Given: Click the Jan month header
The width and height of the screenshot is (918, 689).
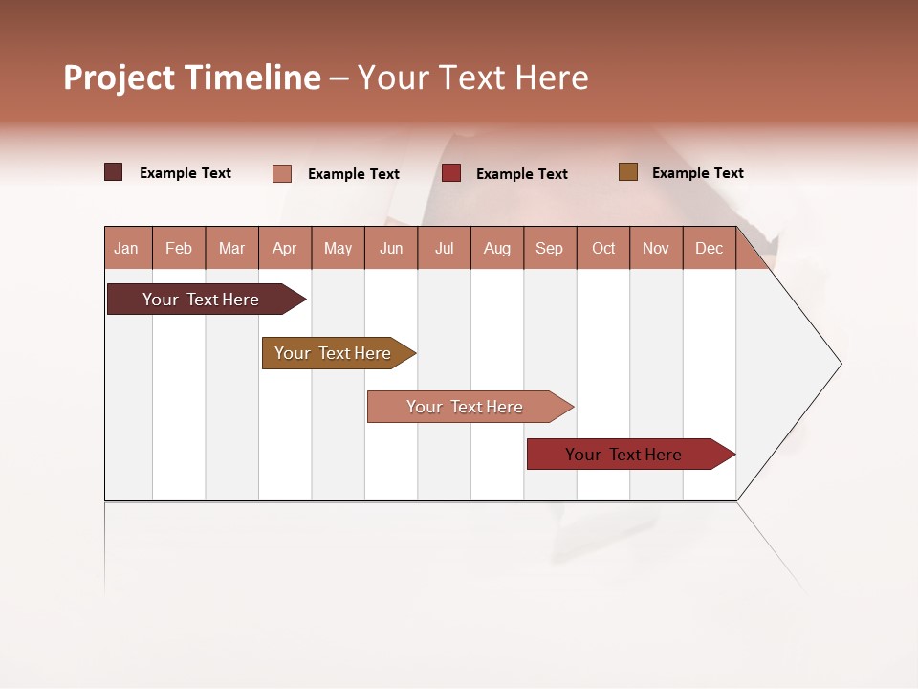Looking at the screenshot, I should [126, 248].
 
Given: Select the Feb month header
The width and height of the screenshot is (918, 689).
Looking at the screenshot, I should [179, 248].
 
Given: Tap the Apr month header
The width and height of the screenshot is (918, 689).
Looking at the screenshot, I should [284, 248].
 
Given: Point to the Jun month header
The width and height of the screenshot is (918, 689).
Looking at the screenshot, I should [391, 248].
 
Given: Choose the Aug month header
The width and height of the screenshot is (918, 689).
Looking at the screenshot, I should [496, 248].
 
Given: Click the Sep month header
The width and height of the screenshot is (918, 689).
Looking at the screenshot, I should [549, 248].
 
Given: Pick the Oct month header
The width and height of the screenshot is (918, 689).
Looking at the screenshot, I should [603, 248].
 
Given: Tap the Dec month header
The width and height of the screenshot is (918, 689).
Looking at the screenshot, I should [709, 248].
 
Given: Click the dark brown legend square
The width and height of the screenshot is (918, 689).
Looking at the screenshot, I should [113, 172].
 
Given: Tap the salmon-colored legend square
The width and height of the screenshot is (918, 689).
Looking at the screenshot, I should [281, 173].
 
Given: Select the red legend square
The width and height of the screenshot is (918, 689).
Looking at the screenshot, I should [451, 173].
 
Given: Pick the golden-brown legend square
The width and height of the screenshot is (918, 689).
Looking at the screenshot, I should [627, 172].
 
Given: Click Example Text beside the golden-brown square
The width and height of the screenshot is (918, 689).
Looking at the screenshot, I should [697, 173].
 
